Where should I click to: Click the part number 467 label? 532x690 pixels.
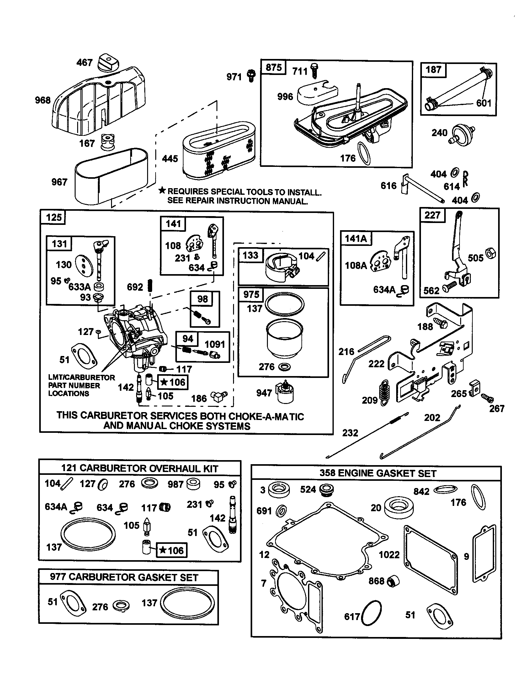[x=84, y=62]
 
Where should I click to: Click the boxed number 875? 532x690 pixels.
[x=274, y=68]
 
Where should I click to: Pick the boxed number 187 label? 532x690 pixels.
[x=433, y=70]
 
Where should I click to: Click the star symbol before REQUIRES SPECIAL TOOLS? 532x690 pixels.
[x=162, y=190]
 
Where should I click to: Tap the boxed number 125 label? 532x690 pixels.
[x=54, y=217]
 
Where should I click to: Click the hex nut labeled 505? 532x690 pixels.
[x=490, y=254]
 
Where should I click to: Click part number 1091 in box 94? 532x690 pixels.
[x=215, y=344]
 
